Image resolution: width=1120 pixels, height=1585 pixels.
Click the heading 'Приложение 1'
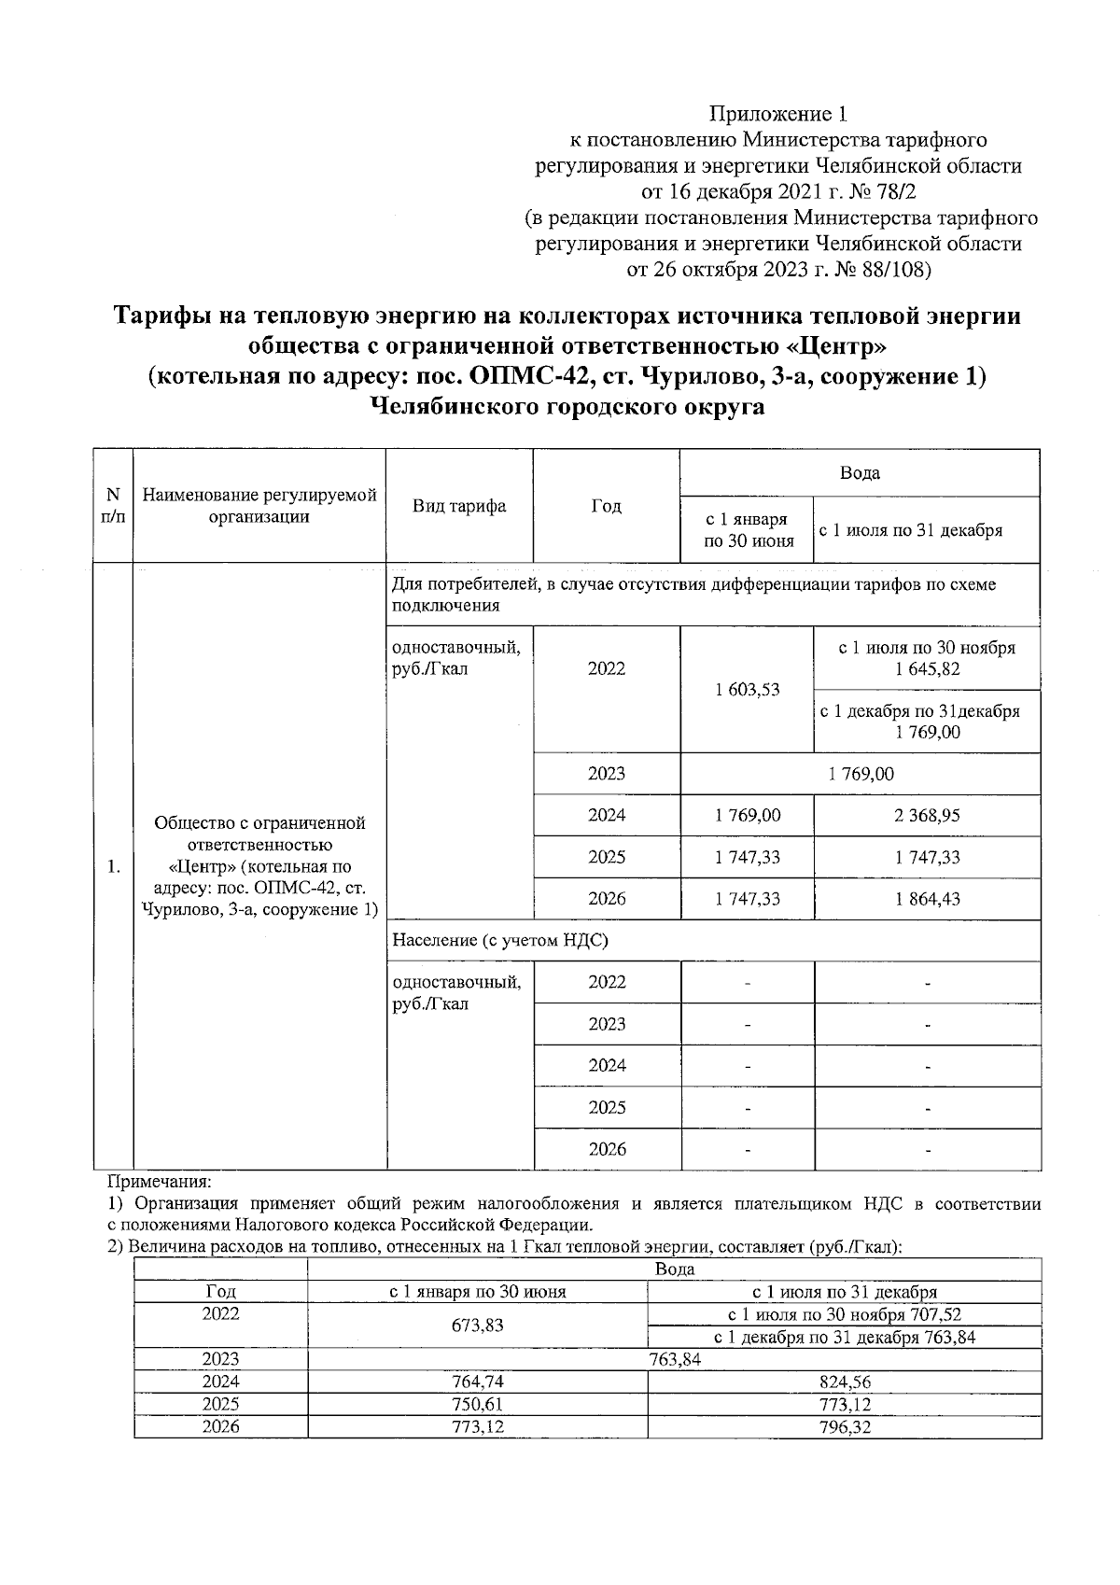pyautogui.click(x=779, y=114)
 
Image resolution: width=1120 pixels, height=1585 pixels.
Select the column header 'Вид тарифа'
pyautogui.click(x=459, y=506)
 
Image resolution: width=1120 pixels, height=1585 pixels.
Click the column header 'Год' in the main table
pyautogui.click(x=606, y=506)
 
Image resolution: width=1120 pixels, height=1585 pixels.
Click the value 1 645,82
pyautogui.click(x=927, y=669)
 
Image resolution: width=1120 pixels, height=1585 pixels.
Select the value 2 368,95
pyautogui.click(x=927, y=816)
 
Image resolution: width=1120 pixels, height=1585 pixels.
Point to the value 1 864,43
pyautogui.click(x=927, y=899)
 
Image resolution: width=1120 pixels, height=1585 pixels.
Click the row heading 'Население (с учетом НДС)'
pyautogui.click(x=500, y=941)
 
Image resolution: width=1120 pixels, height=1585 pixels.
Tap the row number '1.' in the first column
pyautogui.click(x=113, y=867)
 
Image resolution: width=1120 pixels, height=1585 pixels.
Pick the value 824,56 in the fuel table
pyautogui.click(x=844, y=1382)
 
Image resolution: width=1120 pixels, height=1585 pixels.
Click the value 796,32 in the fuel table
pyautogui.click(x=844, y=1427)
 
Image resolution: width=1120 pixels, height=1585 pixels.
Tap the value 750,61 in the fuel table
pyautogui.click(x=478, y=1405)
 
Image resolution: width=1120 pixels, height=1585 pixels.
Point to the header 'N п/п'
pyautogui.click(x=113, y=505)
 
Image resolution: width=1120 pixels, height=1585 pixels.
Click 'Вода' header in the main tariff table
pyautogui.click(x=860, y=472)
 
